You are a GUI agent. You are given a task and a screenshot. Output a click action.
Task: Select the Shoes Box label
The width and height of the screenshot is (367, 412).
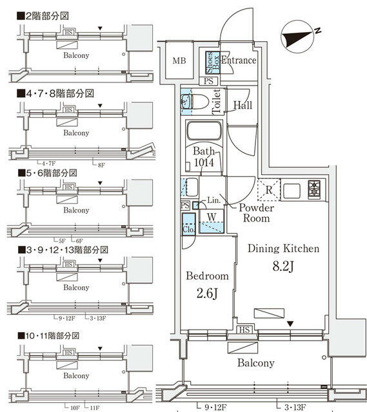[212, 61]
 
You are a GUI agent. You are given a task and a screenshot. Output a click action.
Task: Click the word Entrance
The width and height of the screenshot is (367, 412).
[239, 61]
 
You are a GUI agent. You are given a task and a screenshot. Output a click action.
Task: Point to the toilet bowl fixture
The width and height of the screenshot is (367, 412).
[200, 102]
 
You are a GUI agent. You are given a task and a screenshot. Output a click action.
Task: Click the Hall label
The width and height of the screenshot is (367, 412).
[243, 105]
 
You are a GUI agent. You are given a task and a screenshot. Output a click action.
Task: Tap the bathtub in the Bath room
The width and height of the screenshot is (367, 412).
[204, 133]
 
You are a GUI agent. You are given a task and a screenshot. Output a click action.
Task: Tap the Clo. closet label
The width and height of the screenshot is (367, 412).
[188, 228]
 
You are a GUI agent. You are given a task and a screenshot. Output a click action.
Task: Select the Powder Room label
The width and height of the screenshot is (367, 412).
[257, 213]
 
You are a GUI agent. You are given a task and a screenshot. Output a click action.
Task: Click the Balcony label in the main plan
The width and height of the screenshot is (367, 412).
[255, 363]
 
